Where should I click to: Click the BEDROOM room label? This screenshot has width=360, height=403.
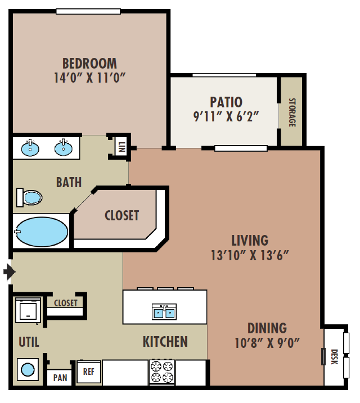tap(89, 64)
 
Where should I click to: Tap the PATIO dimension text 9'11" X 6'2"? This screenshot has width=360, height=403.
tap(226, 116)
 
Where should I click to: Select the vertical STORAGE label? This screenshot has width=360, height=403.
tap(292, 112)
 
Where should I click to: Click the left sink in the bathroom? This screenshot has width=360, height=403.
tap(30, 148)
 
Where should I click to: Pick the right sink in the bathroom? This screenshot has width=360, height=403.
tap(63, 148)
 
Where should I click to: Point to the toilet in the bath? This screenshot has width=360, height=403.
tap(29, 198)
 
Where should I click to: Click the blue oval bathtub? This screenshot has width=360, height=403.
tap(42, 232)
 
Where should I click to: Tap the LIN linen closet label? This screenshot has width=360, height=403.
tap(122, 147)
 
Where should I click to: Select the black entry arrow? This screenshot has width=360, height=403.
tap(10, 271)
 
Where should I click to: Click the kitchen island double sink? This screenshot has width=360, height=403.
tap(164, 312)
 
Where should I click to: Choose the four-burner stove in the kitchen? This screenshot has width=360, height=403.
tap(162, 373)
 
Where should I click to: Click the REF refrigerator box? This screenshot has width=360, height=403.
tap(89, 372)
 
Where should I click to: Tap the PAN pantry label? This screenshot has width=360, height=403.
tap(60, 378)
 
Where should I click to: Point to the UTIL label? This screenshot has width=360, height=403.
tap(29, 342)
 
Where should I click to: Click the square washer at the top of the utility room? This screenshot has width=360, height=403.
tap(28, 310)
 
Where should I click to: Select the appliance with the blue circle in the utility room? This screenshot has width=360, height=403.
tap(28, 370)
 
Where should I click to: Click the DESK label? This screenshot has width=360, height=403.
tap(334, 357)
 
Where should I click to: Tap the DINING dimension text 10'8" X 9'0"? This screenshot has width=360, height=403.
tap(267, 343)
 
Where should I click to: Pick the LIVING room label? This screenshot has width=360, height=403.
tap(250, 241)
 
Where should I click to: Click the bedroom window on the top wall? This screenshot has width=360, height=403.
tap(88, 12)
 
